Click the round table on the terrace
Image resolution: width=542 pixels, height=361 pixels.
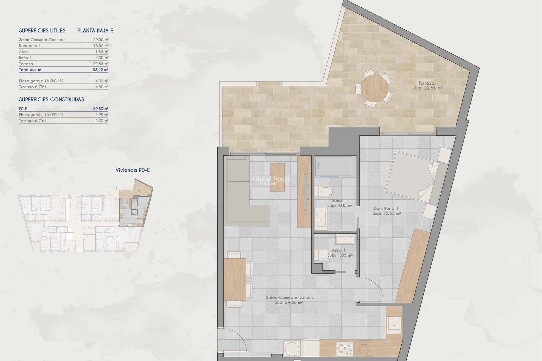pos(374,88)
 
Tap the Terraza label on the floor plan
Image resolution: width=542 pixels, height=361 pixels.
pos(426,83)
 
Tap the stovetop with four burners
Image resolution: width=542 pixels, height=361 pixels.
pos(345,349)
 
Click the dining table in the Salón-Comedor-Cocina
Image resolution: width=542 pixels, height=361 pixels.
pos(235,279)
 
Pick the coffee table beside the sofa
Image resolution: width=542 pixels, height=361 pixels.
pos(277,177)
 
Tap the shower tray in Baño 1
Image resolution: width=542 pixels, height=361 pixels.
pos(333,166)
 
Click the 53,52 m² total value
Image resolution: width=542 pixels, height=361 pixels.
pos(100,70)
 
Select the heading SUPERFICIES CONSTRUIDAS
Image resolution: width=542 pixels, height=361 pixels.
pos(51,99)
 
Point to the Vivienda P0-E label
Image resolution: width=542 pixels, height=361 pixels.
pos(133,170)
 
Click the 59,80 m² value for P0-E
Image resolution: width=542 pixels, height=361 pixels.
pos(100,109)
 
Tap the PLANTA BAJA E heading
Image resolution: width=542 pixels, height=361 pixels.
pos(95,30)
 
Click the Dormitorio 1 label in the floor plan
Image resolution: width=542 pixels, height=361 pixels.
pos(386,208)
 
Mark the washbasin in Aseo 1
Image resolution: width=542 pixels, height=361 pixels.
pos(344,240)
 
